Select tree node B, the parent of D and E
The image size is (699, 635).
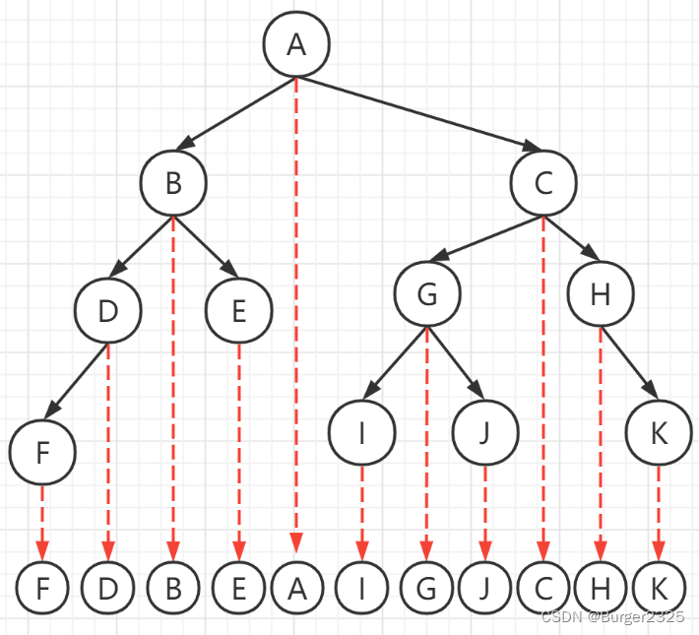(173, 183)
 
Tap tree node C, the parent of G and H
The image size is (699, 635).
(543, 183)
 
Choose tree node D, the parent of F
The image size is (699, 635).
(108, 311)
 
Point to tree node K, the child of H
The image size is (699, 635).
(659, 433)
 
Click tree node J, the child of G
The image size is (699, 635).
(484, 433)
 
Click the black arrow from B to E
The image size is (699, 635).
(206, 246)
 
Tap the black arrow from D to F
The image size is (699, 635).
(77, 380)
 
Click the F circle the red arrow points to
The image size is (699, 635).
(41, 589)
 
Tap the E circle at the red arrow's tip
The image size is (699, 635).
(237, 589)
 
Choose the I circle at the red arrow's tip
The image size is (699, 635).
(362, 589)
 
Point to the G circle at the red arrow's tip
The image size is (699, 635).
(426, 589)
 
